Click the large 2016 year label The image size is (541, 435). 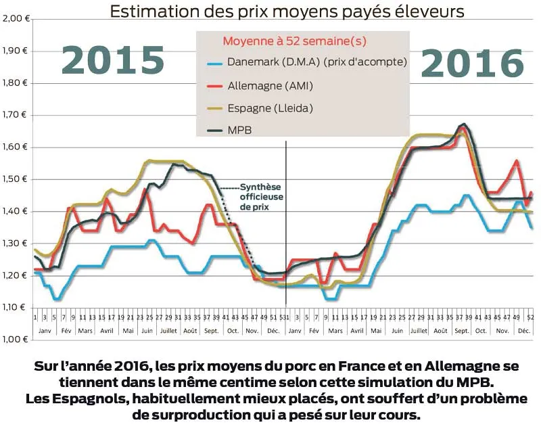pyautogui.click(x=473, y=65)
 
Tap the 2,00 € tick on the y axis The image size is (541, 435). pyautogui.click(x=14, y=18)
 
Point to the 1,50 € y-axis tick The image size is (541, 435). pyautogui.click(x=14, y=179)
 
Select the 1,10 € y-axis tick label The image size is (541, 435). pyautogui.click(x=14, y=308)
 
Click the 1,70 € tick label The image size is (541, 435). pyautogui.click(x=14, y=115)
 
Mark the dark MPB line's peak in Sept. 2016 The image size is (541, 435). pyautogui.click(x=463, y=124)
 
